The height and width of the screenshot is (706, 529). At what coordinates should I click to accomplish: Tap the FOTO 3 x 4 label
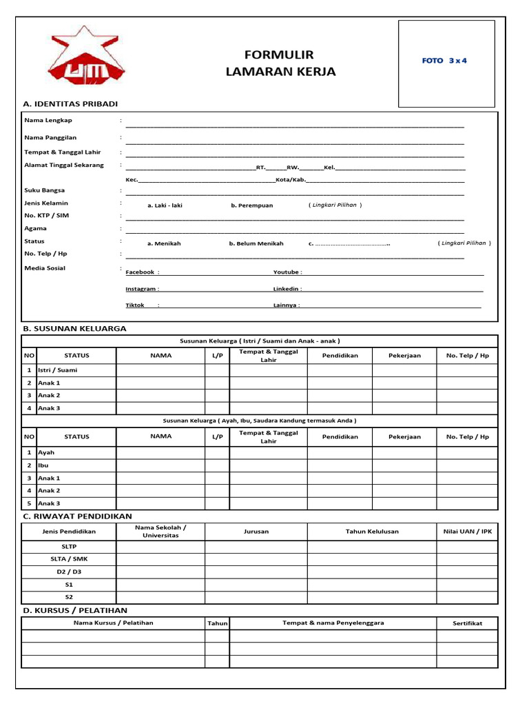444,61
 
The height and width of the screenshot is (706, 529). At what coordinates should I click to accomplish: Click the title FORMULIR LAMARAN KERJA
280,63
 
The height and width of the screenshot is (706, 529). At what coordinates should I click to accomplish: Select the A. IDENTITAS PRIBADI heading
70,103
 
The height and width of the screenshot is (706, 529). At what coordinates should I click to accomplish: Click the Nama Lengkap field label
48,120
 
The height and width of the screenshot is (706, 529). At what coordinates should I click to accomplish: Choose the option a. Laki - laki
165,205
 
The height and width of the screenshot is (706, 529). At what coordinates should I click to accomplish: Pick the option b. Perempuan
251,205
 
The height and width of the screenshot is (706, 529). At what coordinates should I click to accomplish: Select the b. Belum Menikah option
256,243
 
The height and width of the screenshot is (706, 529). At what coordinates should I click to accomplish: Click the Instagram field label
142,289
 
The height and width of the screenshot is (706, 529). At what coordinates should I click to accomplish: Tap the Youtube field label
287,272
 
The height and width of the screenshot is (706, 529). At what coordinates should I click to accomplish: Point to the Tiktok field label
135,305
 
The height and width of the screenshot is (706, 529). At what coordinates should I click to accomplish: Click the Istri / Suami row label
58,370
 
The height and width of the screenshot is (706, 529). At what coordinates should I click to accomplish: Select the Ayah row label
46,452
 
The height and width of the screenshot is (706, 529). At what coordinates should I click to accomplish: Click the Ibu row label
43,465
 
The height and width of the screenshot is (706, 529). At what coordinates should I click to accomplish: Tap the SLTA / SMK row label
69,558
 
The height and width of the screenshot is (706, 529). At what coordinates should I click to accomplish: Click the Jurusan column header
256,532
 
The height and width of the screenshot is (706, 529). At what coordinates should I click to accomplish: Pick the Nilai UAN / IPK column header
468,532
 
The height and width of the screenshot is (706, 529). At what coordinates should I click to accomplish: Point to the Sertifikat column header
467,623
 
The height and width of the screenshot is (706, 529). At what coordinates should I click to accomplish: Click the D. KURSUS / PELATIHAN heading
75,610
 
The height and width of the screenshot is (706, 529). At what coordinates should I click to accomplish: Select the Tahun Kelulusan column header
372,532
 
